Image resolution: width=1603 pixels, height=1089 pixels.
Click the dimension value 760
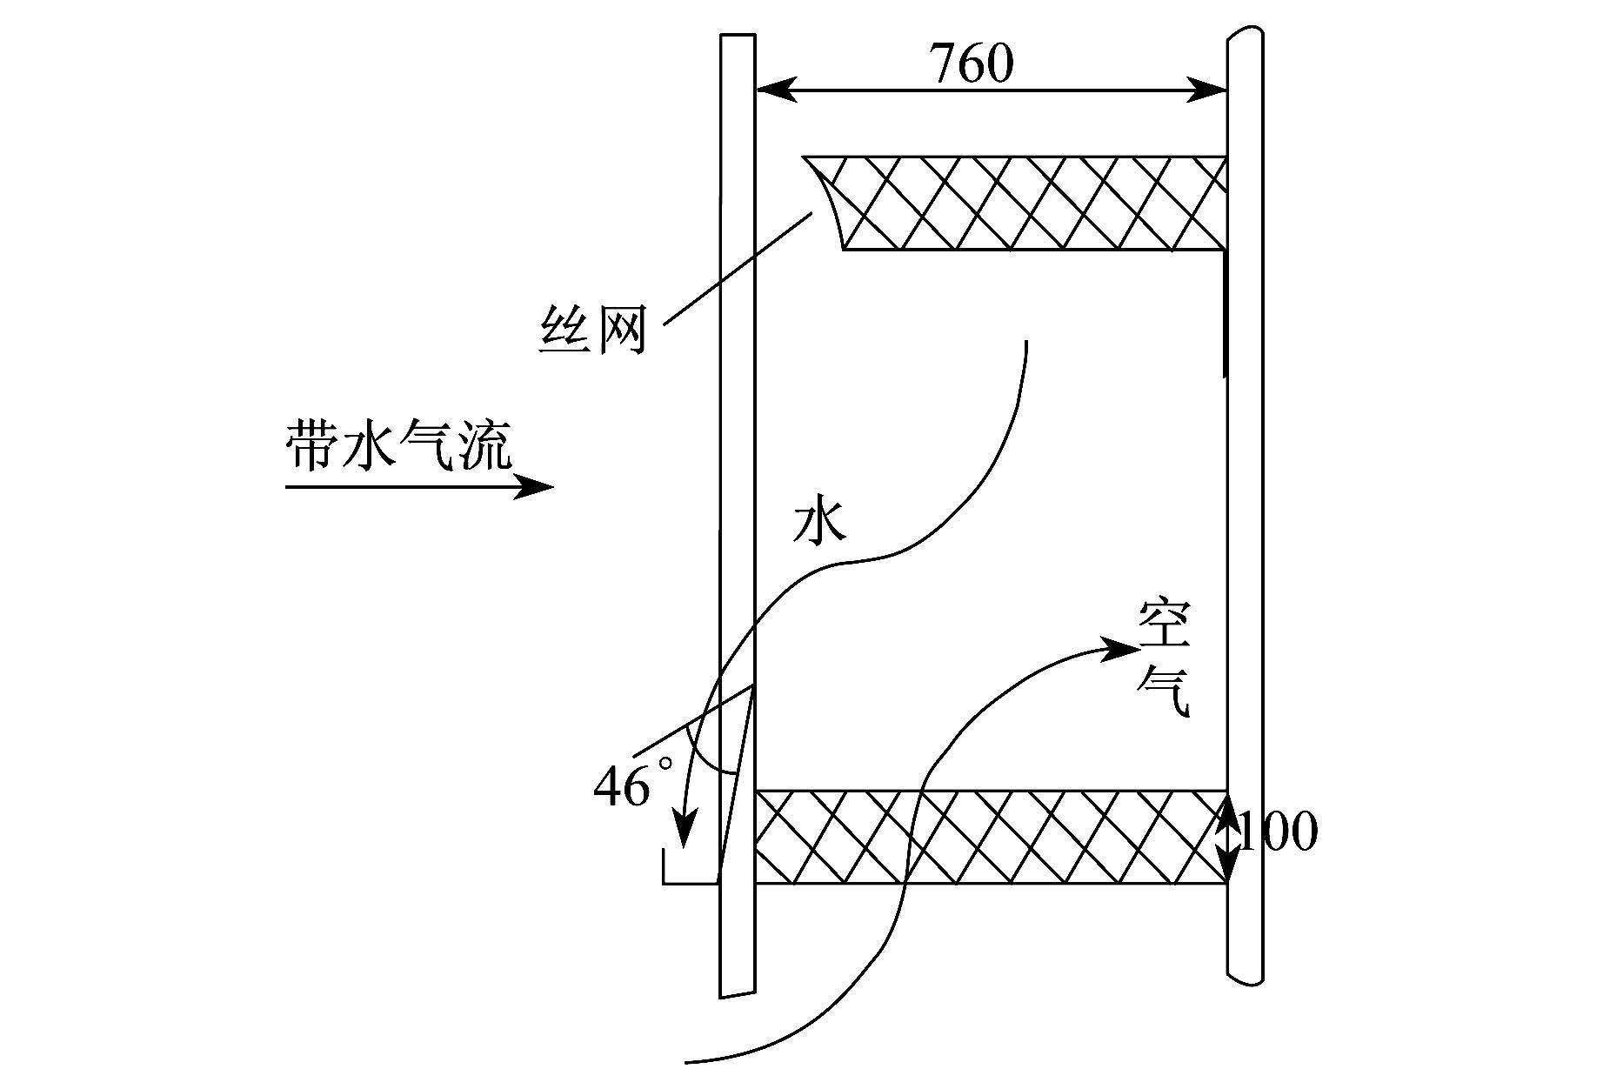click(x=972, y=63)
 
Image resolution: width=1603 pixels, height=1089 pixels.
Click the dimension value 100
click(x=1278, y=832)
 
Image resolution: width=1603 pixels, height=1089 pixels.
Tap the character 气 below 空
click(x=1164, y=691)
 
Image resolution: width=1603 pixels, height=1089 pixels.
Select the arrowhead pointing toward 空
click(x=1120, y=648)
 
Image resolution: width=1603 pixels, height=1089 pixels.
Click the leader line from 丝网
click(x=738, y=269)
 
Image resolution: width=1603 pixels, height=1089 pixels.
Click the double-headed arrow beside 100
click(x=1227, y=838)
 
